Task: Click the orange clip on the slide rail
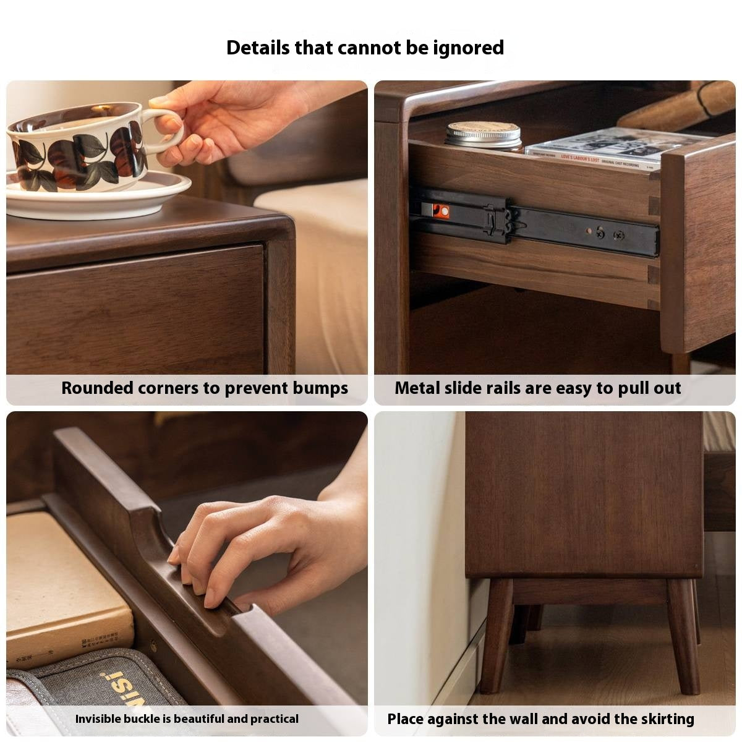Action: [x=441, y=211]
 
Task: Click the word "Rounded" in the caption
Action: [x=97, y=388]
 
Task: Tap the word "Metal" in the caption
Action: [x=417, y=388]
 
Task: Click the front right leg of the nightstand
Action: [x=684, y=637]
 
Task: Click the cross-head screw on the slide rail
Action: [x=618, y=236]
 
